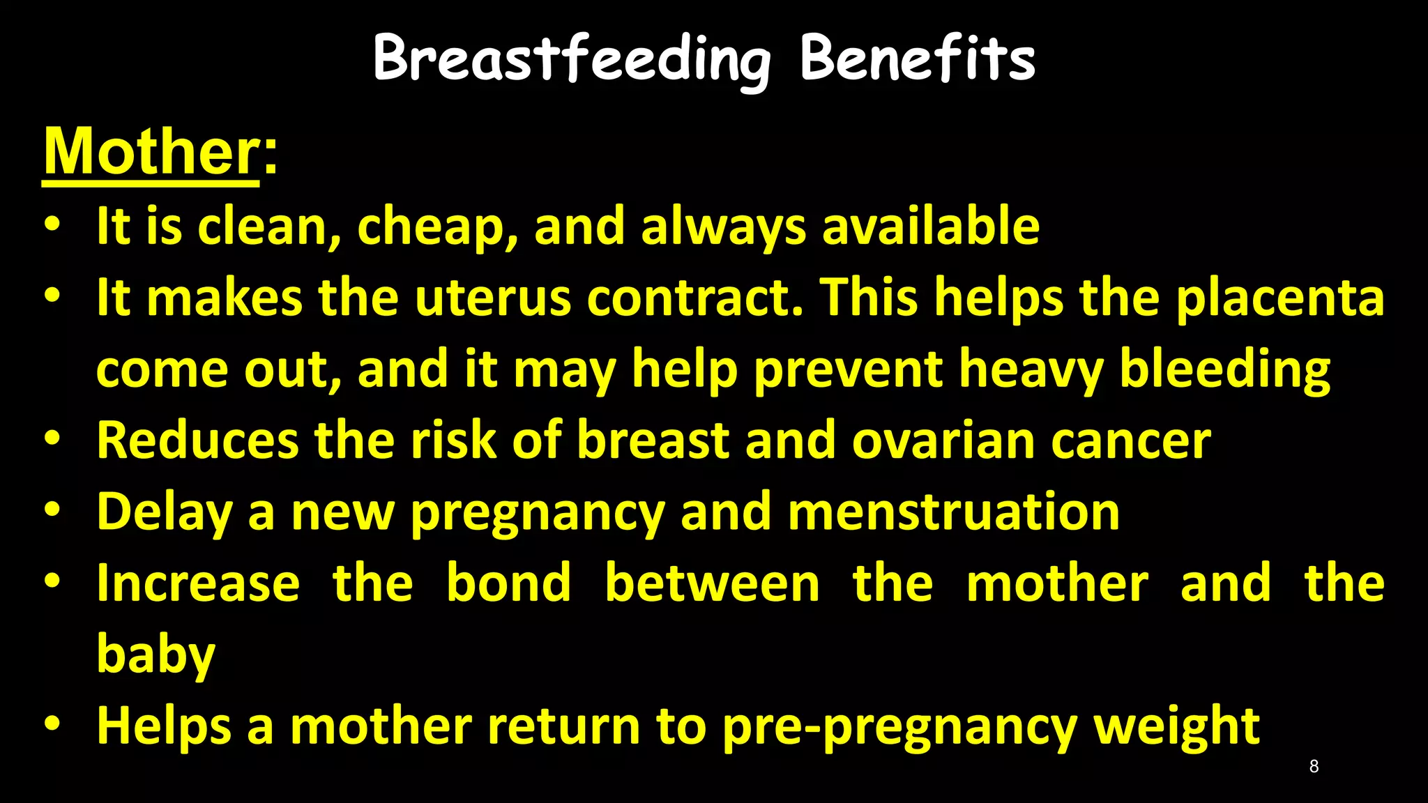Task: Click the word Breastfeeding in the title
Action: coord(572,60)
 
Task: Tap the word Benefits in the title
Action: coord(917,59)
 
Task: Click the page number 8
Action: coord(1314,767)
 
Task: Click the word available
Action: coord(931,226)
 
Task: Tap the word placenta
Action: coord(1280,298)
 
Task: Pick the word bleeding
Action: coord(1224,370)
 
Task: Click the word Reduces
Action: coord(197,441)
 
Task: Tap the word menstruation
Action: coord(953,512)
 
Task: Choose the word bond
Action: coord(508,583)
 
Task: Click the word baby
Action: coord(156,655)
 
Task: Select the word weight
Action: coord(1176,727)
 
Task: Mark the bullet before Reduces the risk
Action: coord(52,439)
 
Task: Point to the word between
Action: coord(712,583)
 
